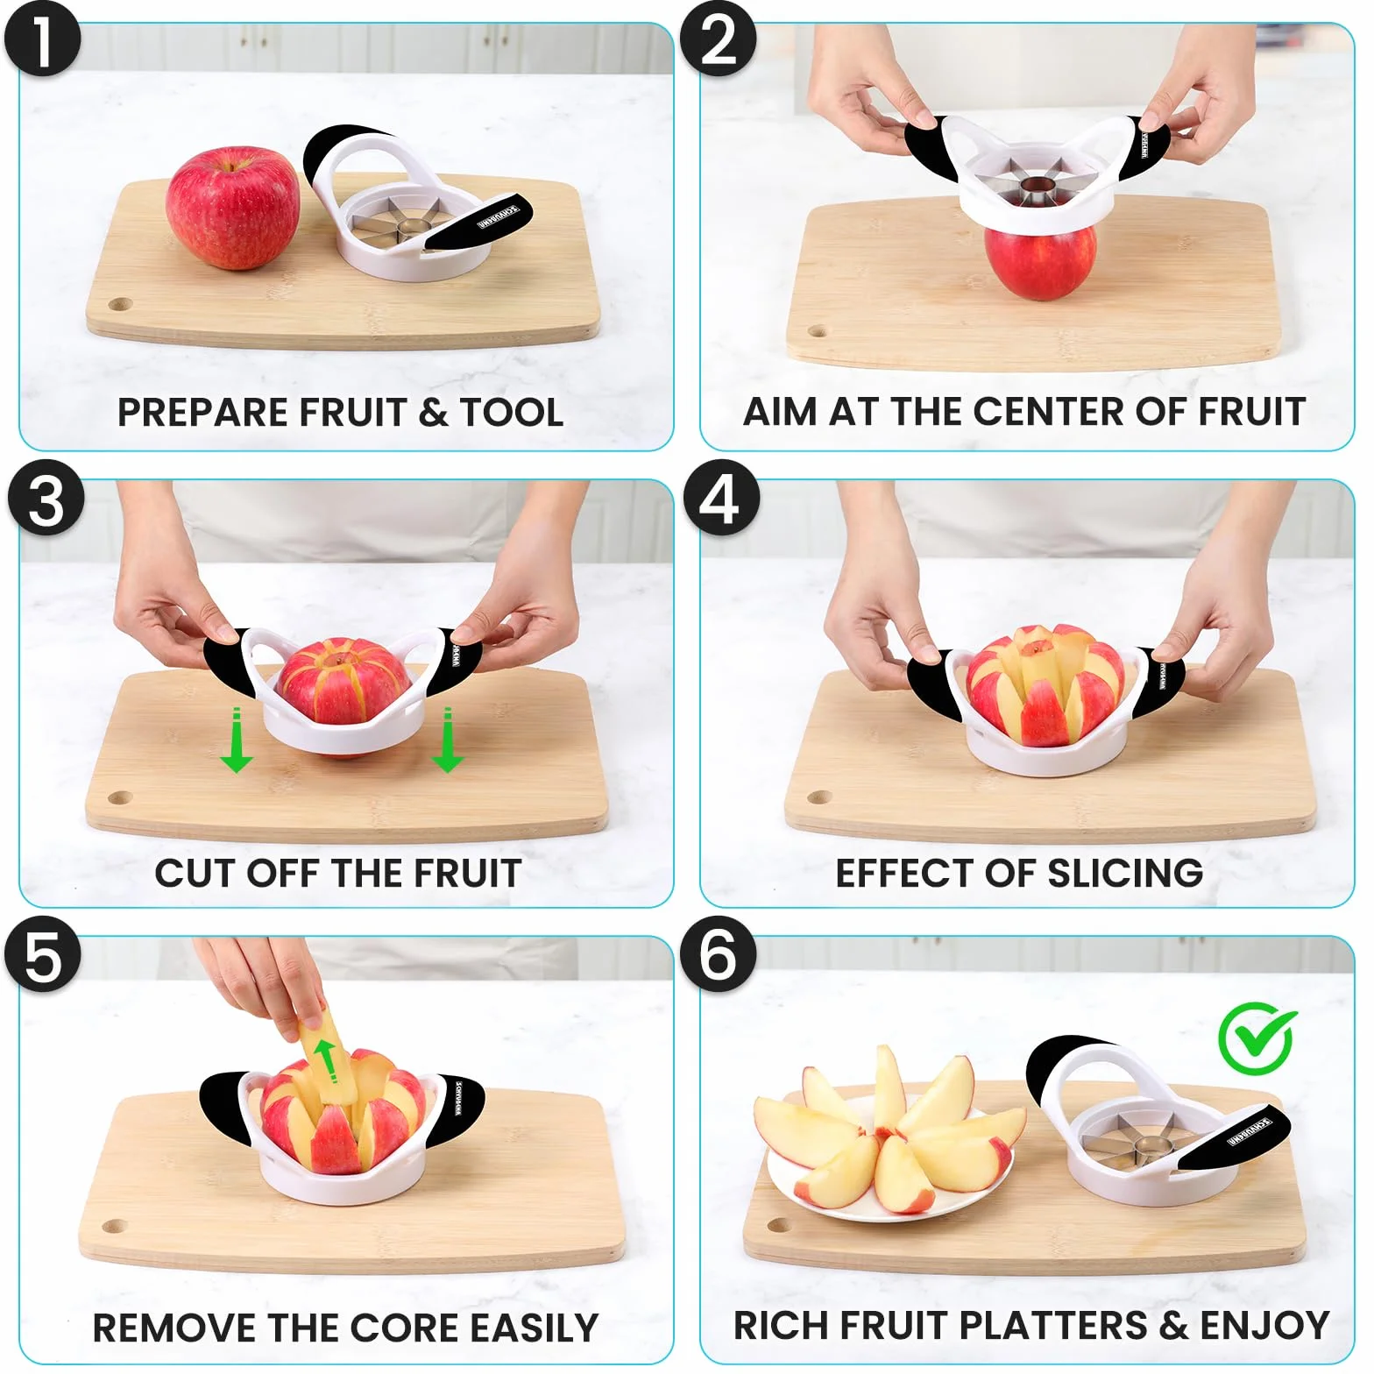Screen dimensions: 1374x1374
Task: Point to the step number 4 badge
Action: point(720,498)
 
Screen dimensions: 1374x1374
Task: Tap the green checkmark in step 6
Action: point(1257,1038)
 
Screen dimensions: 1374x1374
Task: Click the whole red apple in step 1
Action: point(233,207)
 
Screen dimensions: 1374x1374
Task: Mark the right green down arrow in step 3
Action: point(448,740)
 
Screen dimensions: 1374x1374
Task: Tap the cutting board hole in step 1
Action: point(119,305)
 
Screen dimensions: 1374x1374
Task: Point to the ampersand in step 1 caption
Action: point(433,412)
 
